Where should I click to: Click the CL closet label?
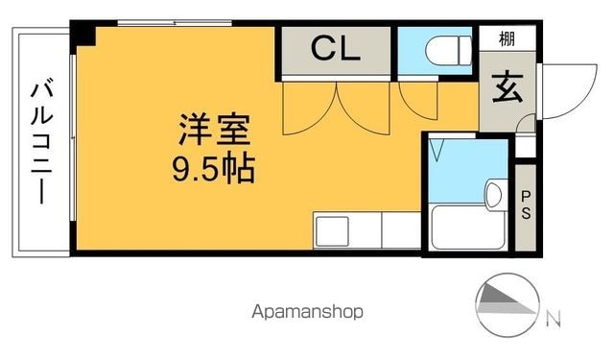[335, 49]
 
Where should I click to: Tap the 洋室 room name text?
[214, 130]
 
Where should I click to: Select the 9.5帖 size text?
[214, 169]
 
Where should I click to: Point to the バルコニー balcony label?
[42, 141]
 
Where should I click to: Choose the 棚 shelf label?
[507, 38]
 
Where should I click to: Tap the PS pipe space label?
[526, 204]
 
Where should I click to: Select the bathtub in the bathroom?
[467, 227]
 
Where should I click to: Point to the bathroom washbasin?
[494, 194]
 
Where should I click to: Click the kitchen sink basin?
[333, 231]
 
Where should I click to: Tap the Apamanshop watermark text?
[307, 312]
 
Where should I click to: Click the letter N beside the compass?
[554, 319]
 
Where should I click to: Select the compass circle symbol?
[508, 304]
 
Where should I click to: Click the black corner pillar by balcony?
[83, 35]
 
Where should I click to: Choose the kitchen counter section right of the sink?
[401, 230]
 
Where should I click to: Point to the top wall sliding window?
[175, 23]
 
